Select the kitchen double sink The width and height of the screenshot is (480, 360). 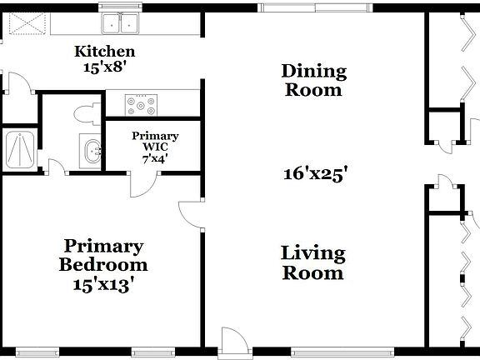[121, 24]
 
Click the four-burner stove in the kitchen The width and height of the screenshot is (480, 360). [142, 105]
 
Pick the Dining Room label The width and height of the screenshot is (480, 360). [313, 80]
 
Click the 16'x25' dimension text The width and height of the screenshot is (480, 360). [314, 174]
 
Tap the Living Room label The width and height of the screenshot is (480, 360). [312, 262]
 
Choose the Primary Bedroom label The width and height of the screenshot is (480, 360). [103, 256]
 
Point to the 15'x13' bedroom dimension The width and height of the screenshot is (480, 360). [103, 282]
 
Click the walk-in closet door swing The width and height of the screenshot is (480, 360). [141, 184]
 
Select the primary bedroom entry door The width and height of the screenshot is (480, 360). [192, 216]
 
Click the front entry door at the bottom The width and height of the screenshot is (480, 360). [232, 341]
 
